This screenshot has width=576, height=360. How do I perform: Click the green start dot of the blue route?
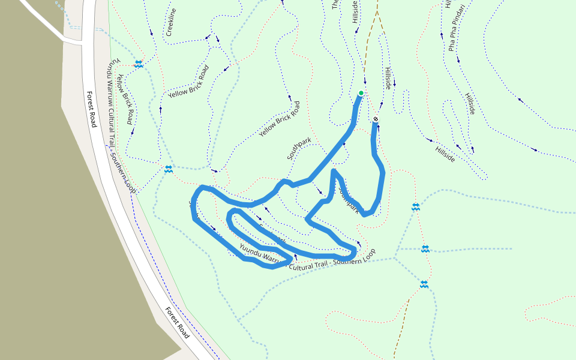[361, 93]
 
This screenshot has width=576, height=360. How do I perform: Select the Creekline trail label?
[171, 23]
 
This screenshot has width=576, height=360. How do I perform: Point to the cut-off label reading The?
[335, 5]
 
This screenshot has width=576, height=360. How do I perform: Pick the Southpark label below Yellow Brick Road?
[299, 148]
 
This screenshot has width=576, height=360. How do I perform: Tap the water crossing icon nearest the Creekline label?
[139, 64]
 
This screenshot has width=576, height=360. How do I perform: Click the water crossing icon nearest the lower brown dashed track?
[424, 284]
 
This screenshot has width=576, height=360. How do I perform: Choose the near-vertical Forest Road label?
[91, 109]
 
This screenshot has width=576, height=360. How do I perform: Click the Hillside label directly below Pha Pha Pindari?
[470, 103]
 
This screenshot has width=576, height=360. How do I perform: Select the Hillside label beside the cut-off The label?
[355, 12]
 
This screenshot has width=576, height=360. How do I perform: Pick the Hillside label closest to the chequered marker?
[388, 79]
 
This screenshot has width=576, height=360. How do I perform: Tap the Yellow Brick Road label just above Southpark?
[280, 119]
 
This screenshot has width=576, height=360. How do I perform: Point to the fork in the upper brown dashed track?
[377, 11]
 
